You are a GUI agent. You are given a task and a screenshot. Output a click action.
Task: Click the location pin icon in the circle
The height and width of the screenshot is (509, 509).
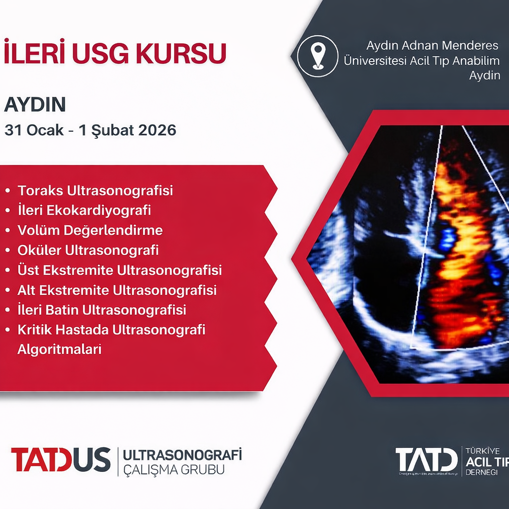tap(317, 56)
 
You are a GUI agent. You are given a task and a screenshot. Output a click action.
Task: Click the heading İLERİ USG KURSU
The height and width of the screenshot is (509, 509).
tap(115, 53)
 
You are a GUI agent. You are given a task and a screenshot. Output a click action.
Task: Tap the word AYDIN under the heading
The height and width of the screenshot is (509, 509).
tap(35, 105)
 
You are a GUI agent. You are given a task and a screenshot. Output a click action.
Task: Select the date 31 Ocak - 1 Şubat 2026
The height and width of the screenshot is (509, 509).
tap(90, 130)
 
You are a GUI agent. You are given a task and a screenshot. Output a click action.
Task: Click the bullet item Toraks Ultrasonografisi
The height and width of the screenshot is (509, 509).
tap(95, 190)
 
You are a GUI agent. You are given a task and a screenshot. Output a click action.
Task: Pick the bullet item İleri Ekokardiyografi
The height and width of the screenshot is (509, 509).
tap(84, 210)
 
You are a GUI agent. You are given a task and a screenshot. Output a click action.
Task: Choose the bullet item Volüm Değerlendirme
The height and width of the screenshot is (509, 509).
tap(90, 230)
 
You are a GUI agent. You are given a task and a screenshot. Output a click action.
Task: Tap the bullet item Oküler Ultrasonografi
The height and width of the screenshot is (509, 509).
tap(88, 250)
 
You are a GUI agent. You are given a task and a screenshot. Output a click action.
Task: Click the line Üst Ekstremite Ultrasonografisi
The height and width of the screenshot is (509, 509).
tap(119, 270)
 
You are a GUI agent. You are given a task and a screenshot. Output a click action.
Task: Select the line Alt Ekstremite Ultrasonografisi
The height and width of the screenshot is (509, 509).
tap(117, 290)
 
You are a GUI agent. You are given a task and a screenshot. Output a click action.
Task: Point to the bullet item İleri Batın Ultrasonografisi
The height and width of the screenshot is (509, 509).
tap(101, 310)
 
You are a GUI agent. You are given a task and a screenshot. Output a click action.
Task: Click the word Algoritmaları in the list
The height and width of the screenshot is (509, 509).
tap(59, 349)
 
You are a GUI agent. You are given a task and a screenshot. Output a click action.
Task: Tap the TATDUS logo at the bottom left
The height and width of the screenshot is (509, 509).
tap(61, 459)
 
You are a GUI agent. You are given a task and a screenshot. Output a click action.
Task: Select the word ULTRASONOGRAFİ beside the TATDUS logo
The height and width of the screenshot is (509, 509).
tap(182, 454)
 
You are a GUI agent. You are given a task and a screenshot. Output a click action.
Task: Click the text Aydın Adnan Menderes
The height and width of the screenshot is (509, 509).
tap(432, 46)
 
